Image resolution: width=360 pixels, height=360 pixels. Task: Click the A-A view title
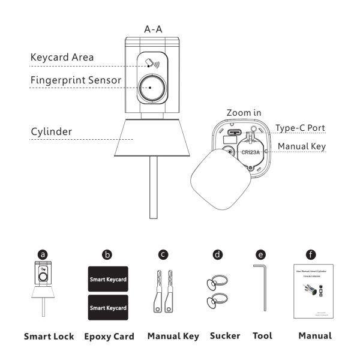(x=153, y=28)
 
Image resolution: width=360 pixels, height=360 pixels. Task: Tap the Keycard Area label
(x=62, y=58)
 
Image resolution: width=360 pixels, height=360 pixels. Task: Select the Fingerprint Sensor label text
(x=76, y=80)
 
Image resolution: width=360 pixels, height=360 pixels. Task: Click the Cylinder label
(x=52, y=131)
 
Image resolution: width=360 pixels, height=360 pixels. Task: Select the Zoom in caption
(x=244, y=112)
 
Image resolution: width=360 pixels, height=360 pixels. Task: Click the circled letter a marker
(x=43, y=254)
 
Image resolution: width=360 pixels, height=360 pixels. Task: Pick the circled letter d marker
(x=217, y=254)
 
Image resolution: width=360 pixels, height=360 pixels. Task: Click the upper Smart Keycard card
(x=108, y=280)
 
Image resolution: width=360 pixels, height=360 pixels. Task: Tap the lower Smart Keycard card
(x=108, y=308)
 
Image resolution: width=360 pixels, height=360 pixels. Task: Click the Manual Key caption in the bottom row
(x=173, y=336)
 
